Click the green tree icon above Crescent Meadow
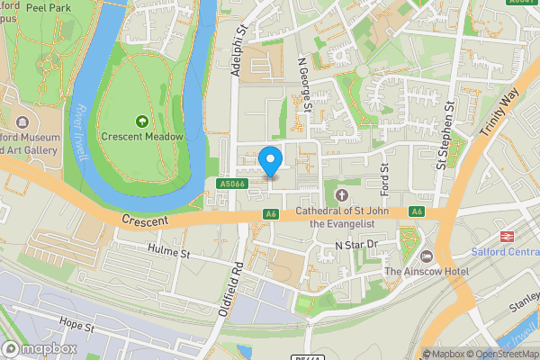[141, 121]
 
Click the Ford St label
[384, 178]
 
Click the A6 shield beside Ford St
[416, 211]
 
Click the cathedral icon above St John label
[340, 195]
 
